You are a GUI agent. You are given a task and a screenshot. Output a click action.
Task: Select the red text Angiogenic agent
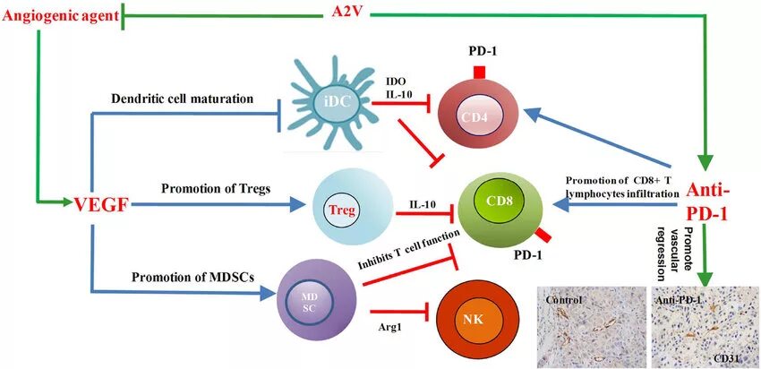coord(58,14)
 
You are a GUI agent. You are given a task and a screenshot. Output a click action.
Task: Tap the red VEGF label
coord(99,205)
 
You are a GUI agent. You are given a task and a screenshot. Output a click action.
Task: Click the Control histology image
coord(591,327)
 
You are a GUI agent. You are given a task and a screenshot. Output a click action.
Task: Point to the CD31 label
coord(725,357)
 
